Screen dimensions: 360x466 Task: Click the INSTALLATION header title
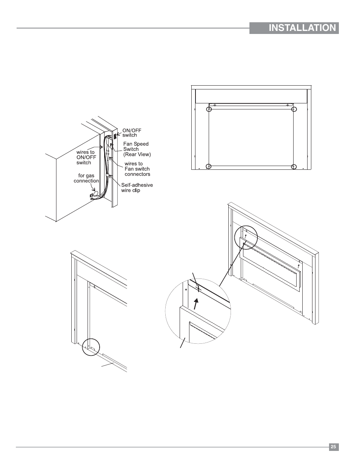pyautogui.click(x=302, y=28)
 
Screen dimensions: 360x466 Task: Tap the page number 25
pyautogui.click(x=333, y=447)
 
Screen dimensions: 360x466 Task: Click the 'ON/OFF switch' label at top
pyautogui.click(x=132, y=133)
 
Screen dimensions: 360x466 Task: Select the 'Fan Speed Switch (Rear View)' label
pyautogui.click(x=137, y=149)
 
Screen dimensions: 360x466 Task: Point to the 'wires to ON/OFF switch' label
pyautogui.click(x=86, y=157)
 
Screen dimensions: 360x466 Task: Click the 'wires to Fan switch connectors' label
pyautogui.click(x=137, y=169)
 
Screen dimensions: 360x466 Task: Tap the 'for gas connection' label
pyautogui.click(x=86, y=178)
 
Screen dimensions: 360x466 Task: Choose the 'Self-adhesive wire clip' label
pyautogui.click(x=137, y=188)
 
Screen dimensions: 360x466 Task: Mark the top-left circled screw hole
pyautogui.click(x=209, y=109)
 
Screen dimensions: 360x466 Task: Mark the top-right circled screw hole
pyautogui.click(x=294, y=109)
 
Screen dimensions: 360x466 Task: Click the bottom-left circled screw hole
pyautogui.click(x=208, y=166)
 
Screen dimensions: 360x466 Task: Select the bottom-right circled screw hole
pyautogui.click(x=294, y=167)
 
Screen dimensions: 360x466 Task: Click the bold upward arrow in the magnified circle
pyautogui.click(x=196, y=304)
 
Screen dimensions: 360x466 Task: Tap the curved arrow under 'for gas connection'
pyautogui.click(x=93, y=188)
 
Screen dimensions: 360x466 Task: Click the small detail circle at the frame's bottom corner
pyautogui.click(x=91, y=347)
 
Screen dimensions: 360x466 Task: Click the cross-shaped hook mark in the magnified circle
pyautogui.click(x=199, y=289)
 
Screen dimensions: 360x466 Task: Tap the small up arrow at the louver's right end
pyautogui.click(x=298, y=266)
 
